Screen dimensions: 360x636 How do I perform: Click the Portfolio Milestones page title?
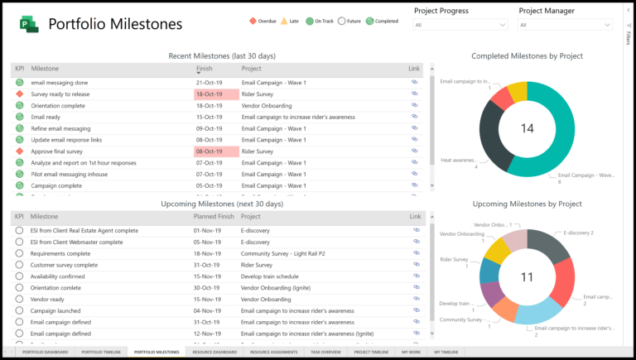115,24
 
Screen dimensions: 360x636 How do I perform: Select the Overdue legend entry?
263,21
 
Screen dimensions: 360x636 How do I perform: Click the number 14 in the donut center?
527,127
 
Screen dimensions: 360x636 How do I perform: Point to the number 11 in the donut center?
527,276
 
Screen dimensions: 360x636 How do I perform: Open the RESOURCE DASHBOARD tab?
213,353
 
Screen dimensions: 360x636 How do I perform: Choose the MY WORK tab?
411,353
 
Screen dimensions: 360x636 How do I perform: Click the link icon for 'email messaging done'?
415,83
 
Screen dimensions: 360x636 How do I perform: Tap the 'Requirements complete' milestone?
60,253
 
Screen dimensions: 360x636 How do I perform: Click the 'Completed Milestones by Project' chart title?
527,56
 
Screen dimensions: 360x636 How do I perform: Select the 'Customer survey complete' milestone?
64,265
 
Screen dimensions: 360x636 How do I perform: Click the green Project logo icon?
31,25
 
